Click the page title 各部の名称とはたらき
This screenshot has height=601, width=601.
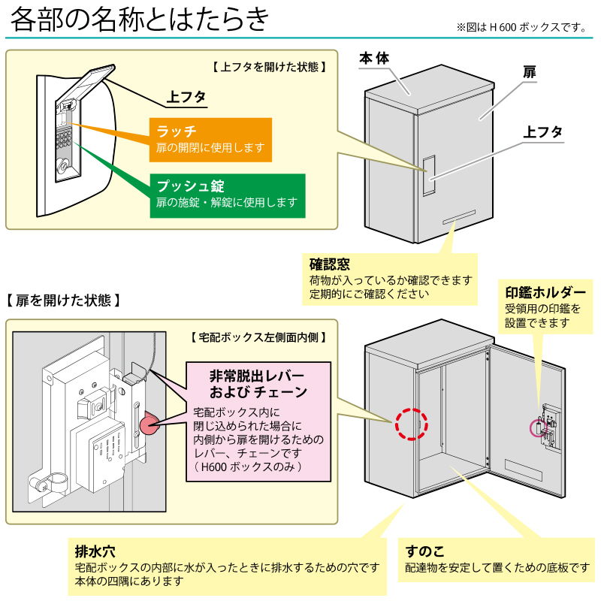140,20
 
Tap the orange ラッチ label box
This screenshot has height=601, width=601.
210,139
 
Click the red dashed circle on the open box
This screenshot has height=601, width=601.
411,424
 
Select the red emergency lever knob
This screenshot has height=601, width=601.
147,424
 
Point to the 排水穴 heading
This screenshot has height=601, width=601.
95,551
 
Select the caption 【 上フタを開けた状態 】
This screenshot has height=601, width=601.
268,66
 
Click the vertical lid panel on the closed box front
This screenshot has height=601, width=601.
428,177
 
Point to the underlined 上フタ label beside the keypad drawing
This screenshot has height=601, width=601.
186,97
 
